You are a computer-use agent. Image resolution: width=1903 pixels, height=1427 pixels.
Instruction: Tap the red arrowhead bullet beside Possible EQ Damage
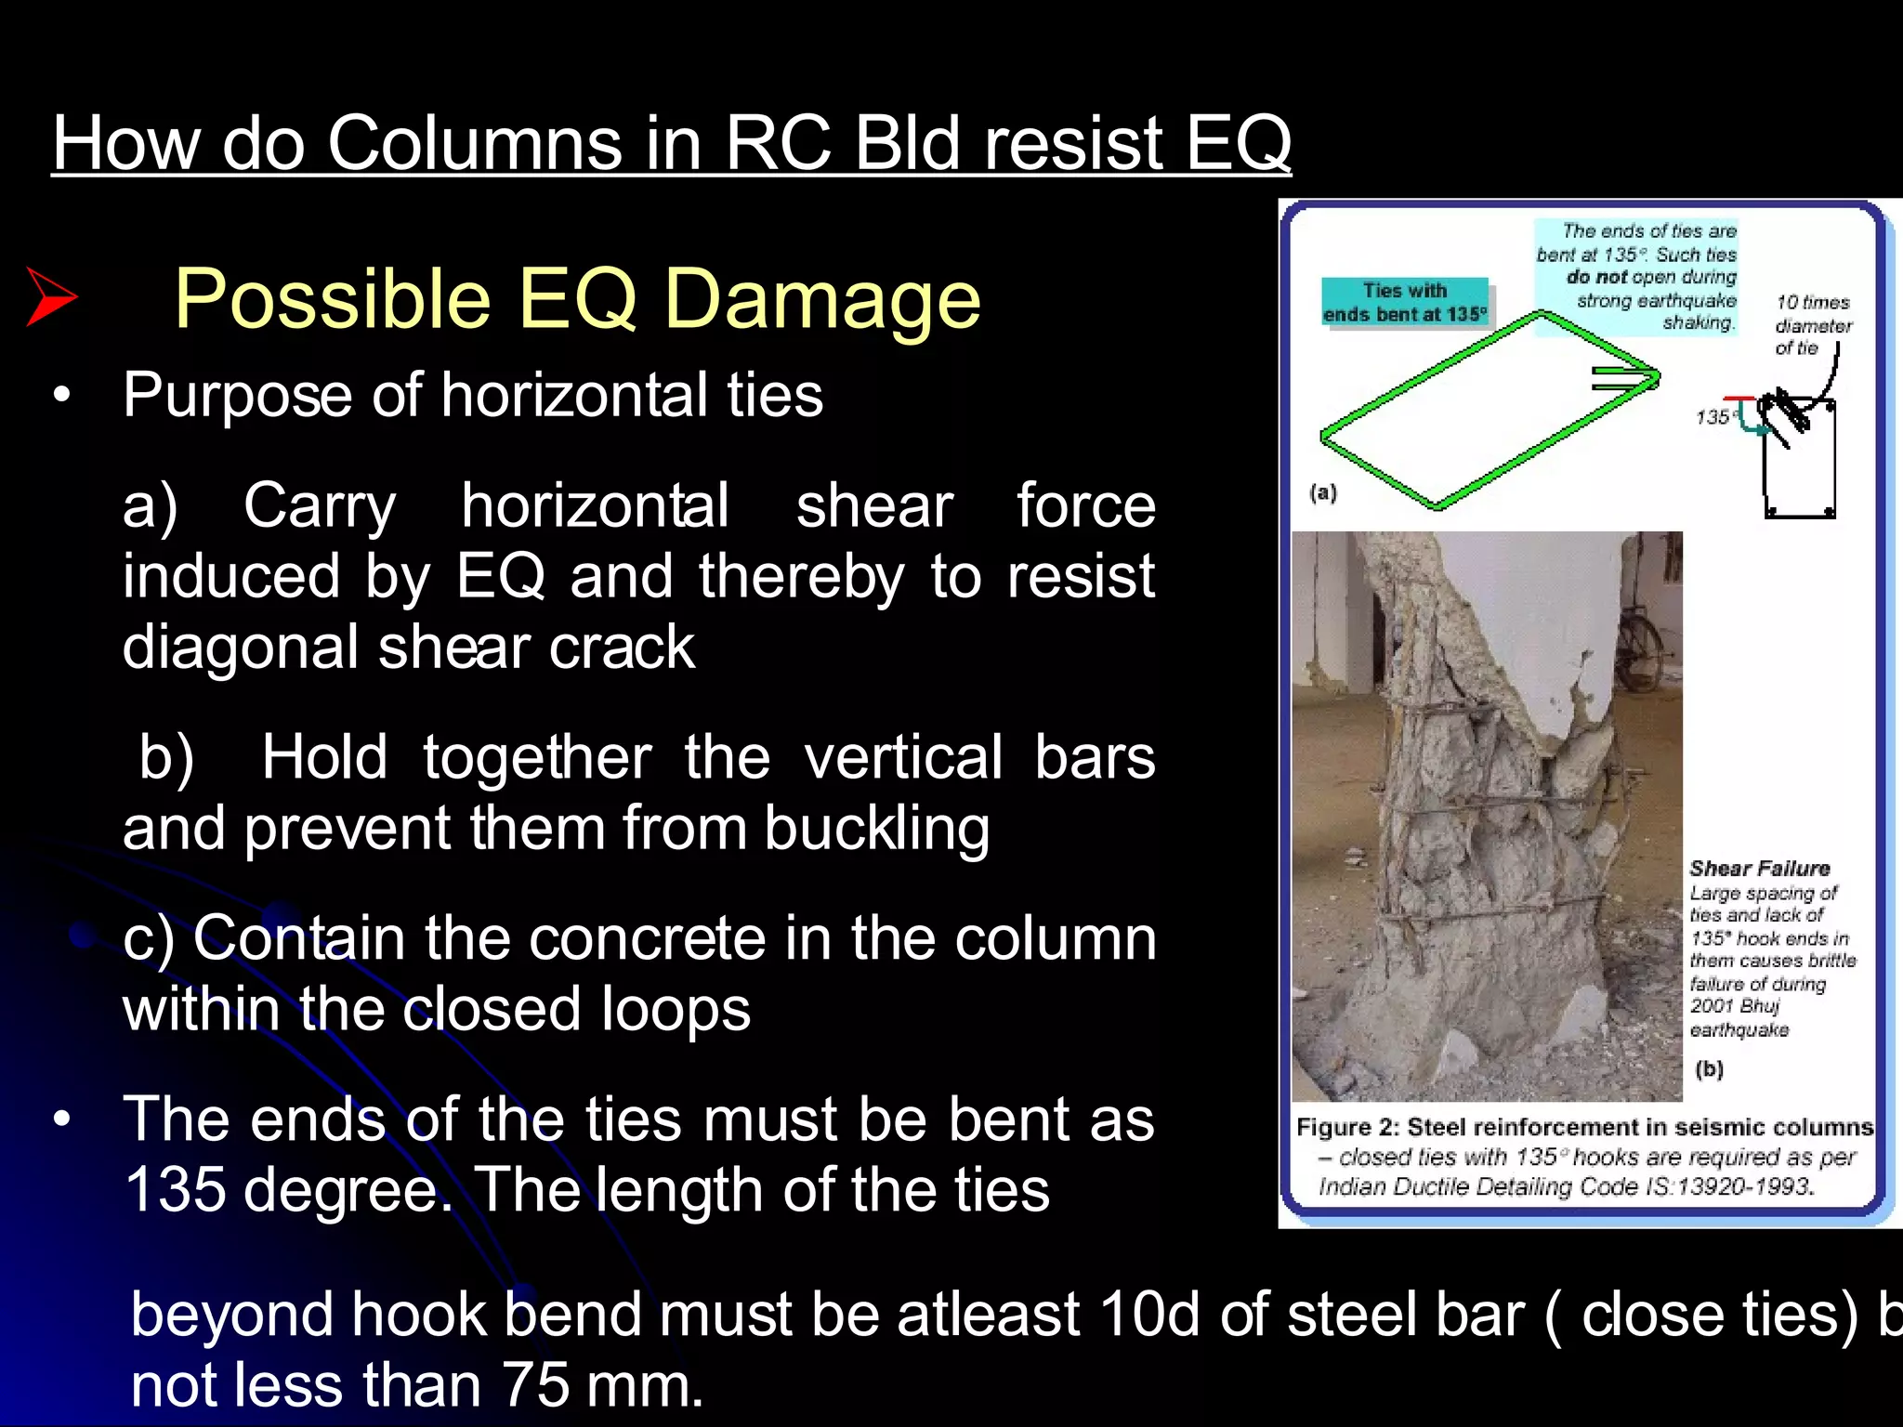pyautogui.click(x=52, y=296)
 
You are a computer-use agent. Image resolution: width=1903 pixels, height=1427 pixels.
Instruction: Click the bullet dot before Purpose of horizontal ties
pyautogui.click(x=61, y=396)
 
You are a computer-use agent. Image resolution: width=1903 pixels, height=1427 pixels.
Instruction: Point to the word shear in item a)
pyautogui.click(x=874, y=506)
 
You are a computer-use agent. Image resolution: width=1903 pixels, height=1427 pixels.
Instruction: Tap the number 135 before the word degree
pyautogui.click(x=174, y=1190)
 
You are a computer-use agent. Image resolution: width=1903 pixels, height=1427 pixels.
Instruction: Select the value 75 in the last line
pyautogui.click(x=536, y=1386)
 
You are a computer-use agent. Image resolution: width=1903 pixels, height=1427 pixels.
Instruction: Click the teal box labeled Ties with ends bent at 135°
pyautogui.click(x=1405, y=302)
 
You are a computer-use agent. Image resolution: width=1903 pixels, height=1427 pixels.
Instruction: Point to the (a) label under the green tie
pyautogui.click(x=1323, y=492)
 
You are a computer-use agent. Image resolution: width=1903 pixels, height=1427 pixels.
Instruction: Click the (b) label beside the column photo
pyautogui.click(x=1709, y=1068)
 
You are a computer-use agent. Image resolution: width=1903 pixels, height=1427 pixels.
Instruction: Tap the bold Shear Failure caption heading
pyautogui.click(x=1759, y=869)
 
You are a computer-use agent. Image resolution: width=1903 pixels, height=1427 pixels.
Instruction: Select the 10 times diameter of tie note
pyautogui.click(x=1812, y=325)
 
